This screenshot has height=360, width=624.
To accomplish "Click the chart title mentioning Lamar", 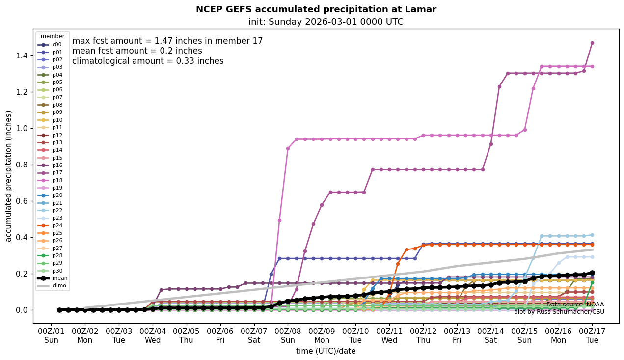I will tap(316, 9).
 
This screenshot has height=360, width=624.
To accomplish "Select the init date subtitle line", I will tap(326, 22).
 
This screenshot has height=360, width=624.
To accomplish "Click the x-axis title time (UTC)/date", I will tap(326, 351).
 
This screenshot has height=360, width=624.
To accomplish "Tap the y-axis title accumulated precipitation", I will tap(8, 176).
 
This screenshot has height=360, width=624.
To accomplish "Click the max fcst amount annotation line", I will tap(167, 41).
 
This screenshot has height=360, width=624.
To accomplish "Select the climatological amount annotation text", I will tap(148, 61).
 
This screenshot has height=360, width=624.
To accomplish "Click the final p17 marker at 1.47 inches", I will tap(592, 43).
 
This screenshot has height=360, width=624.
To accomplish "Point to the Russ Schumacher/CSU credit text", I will tap(559, 312).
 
